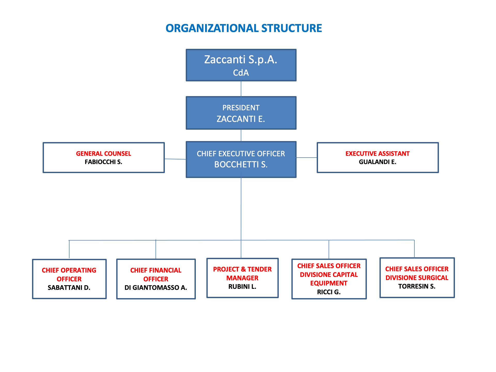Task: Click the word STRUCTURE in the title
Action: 292,28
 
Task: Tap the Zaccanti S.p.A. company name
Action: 241,59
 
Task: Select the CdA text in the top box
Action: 241,73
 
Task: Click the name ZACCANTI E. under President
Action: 241,119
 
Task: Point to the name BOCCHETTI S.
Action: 241,164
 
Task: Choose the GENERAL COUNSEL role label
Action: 104,154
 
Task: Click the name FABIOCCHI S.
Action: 104,162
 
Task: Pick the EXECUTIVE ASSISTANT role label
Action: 377,154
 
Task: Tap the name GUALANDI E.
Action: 377,162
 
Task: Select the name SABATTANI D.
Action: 69,288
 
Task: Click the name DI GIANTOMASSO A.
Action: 156,288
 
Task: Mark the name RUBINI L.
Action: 242,286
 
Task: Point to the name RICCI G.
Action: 329,292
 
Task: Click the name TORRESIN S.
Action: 417,286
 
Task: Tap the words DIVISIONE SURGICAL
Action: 417,278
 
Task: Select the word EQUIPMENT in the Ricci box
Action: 329,283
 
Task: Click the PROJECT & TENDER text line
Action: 242,269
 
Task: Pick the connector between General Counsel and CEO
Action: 175,159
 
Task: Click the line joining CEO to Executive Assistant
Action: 307,158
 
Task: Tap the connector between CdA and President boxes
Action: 241,89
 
